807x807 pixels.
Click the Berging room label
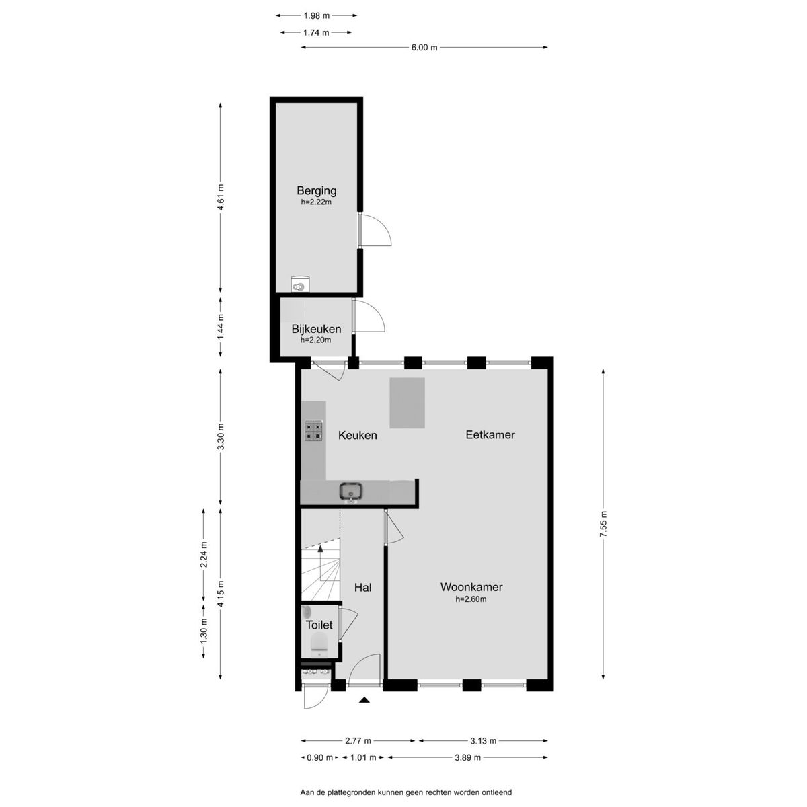point(316,191)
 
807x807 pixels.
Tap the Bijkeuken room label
point(316,329)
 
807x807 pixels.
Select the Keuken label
point(357,436)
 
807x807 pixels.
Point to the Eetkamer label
point(490,434)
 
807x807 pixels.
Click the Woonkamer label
point(471,586)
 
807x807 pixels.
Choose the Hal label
point(362,588)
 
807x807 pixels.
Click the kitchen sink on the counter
point(351,491)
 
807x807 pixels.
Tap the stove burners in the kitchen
point(314,430)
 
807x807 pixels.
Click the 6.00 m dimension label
point(424,48)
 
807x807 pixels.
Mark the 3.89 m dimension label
point(467,757)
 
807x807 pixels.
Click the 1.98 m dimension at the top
point(316,16)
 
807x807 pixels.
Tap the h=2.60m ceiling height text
point(471,599)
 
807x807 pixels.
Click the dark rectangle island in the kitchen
point(407,403)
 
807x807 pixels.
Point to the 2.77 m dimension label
point(358,741)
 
